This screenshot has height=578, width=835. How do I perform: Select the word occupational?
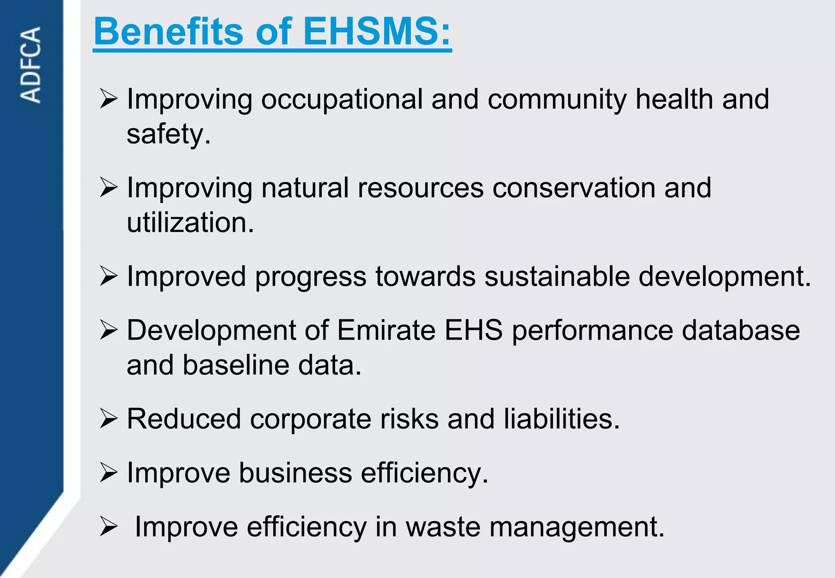[x=342, y=99]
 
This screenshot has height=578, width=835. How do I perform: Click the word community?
[x=557, y=100]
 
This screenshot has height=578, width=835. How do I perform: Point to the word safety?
[x=168, y=135]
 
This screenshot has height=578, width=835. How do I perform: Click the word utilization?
[x=190, y=223]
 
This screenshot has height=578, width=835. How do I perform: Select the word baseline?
[x=235, y=365]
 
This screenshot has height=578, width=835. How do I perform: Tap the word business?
[x=295, y=473]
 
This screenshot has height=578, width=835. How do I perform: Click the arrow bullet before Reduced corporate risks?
[x=108, y=419]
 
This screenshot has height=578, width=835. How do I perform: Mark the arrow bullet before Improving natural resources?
[x=108, y=188]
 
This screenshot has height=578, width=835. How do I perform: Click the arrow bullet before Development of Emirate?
[x=108, y=330]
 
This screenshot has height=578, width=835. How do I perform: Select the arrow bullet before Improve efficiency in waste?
[x=108, y=527]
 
